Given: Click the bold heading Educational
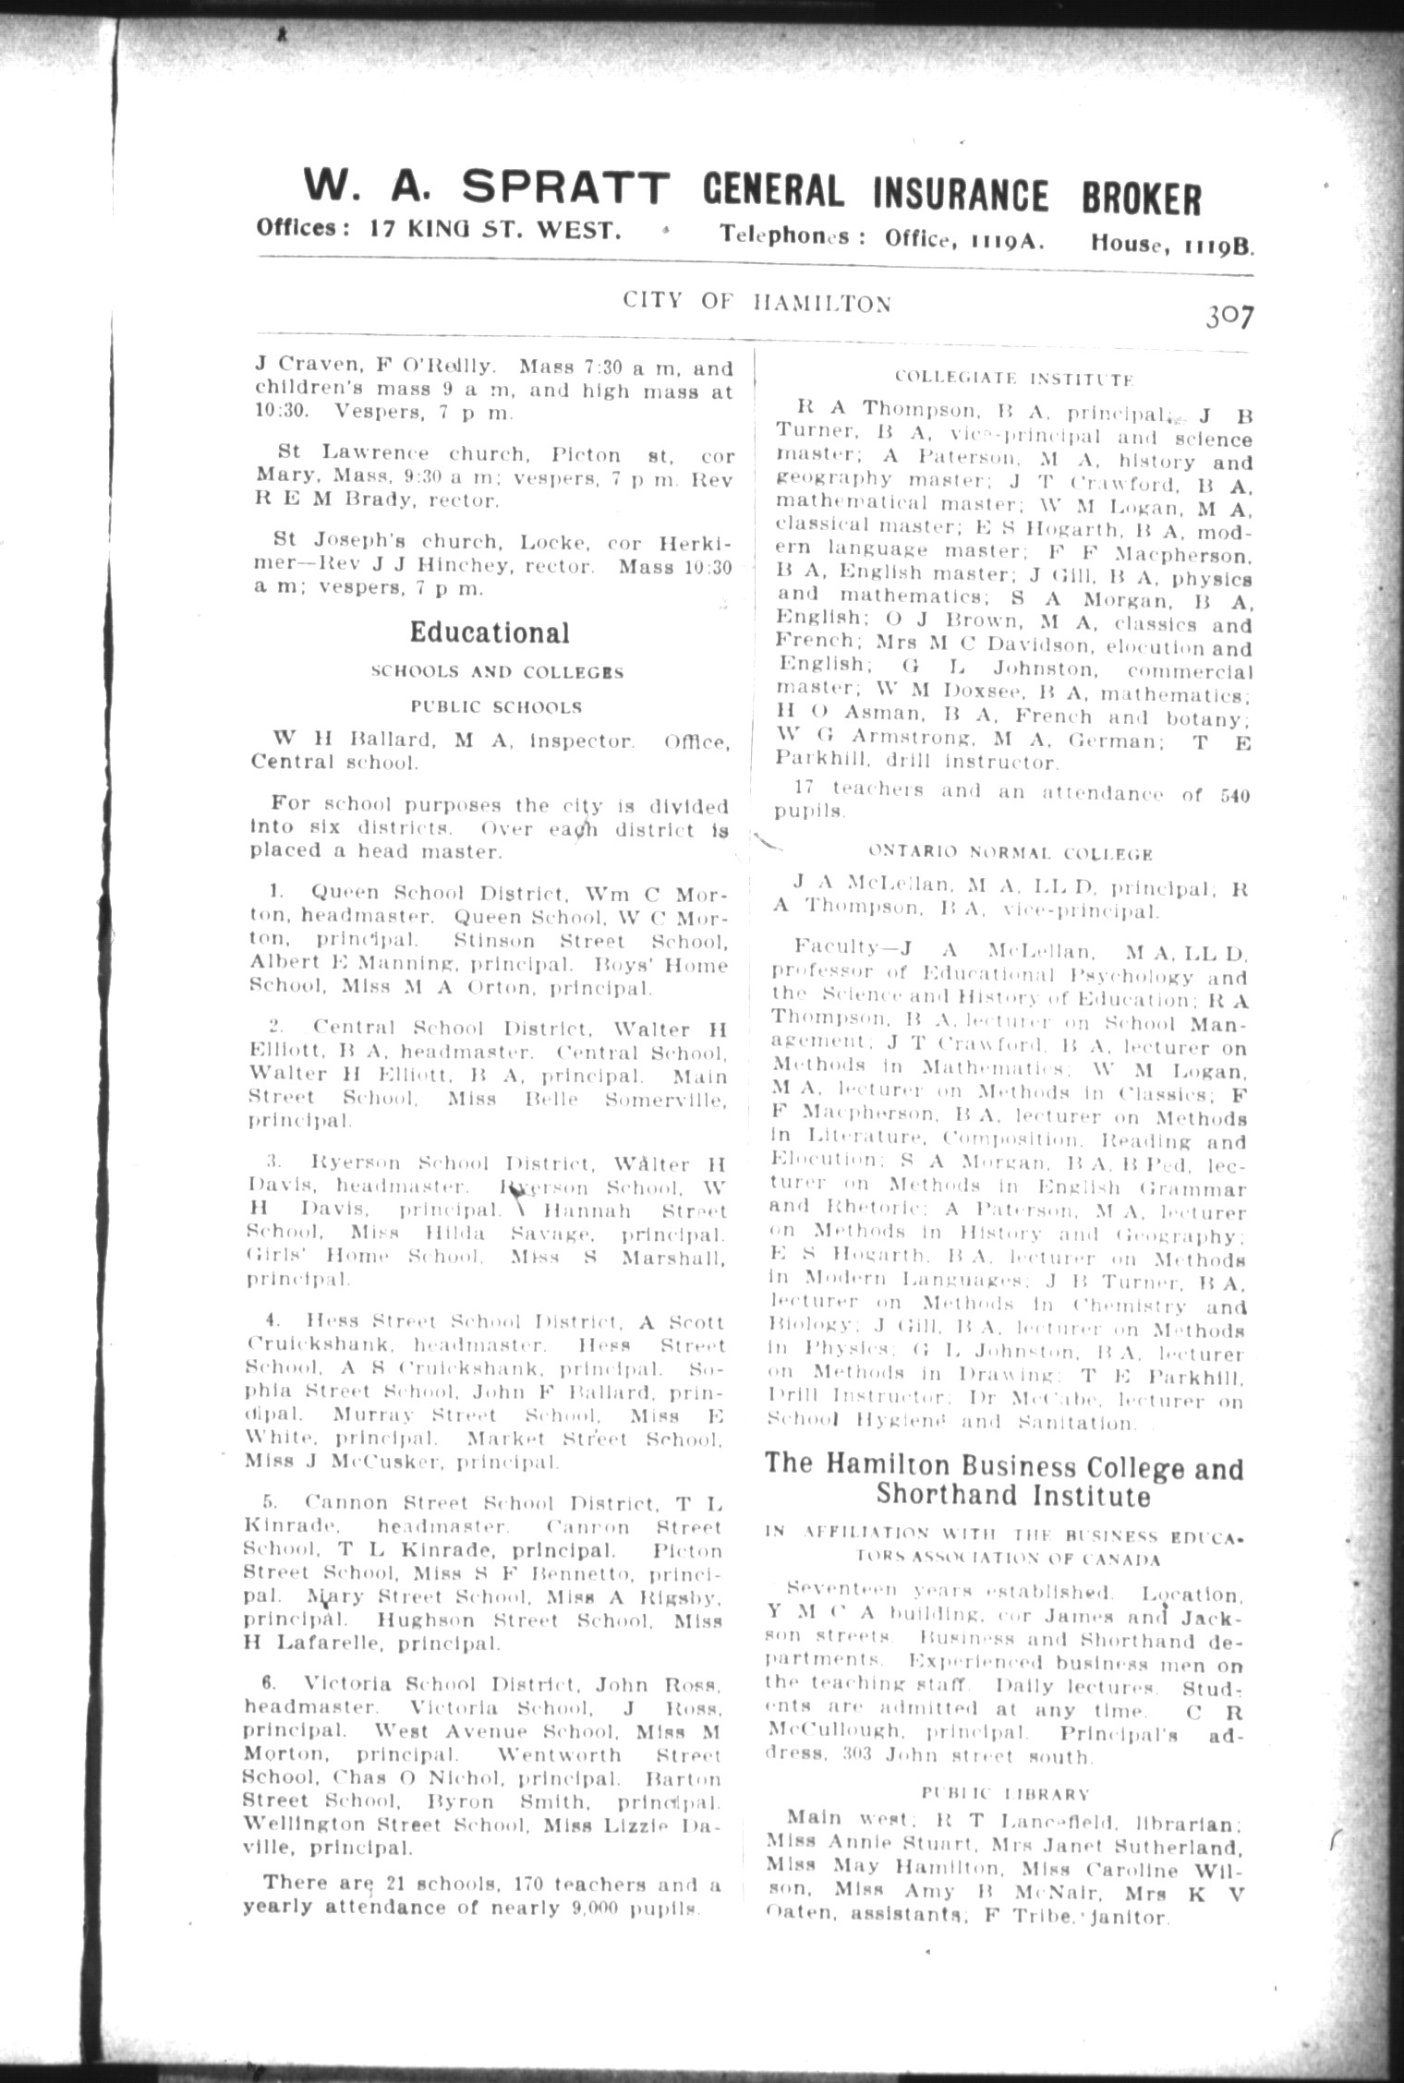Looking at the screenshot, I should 490,632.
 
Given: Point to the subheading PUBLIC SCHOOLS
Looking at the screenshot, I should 496,707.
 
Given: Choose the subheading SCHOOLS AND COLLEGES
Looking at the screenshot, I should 496,672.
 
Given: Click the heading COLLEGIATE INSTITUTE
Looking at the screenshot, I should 1013,379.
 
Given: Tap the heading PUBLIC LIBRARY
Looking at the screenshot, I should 1006,1793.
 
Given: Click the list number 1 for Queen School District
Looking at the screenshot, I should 274,893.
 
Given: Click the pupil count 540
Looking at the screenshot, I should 1233,795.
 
